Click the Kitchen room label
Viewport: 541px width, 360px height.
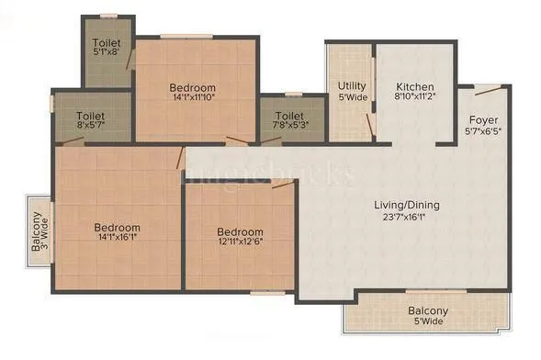(x=413, y=81)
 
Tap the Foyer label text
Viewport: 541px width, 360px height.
(x=483, y=119)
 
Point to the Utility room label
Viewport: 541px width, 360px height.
(x=353, y=86)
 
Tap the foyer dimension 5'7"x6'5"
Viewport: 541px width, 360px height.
(x=483, y=131)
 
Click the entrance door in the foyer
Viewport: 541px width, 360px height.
(x=489, y=90)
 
